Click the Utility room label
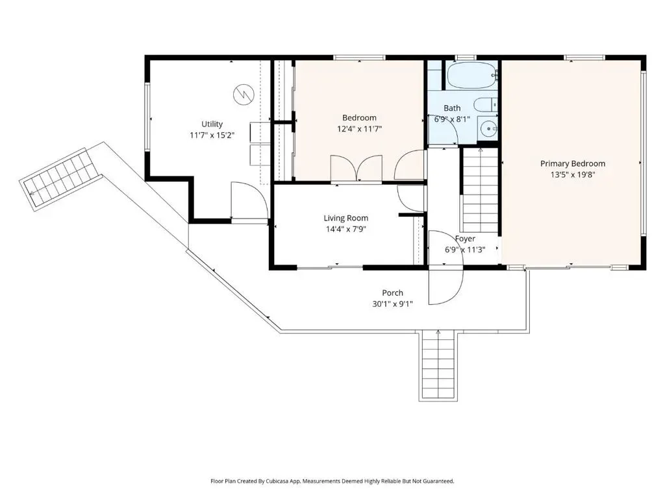[x=212, y=124]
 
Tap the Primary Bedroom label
[x=573, y=163]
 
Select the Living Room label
[x=345, y=218]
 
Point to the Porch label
[x=392, y=292]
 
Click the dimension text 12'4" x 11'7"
[x=359, y=129]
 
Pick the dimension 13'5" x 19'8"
[x=573, y=174]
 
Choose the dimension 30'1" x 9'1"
[x=392, y=303]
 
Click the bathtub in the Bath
[x=471, y=75]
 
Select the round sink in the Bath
[x=488, y=128]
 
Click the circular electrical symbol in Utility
[x=244, y=95]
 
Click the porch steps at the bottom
[x=438, y=364]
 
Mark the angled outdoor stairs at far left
[x=62, y=178]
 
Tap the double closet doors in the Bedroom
[x=357, y=168]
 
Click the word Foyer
[x=465, y=239]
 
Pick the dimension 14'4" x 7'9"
[x=345, y=229]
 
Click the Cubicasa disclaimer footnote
[x=332, y=481]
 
